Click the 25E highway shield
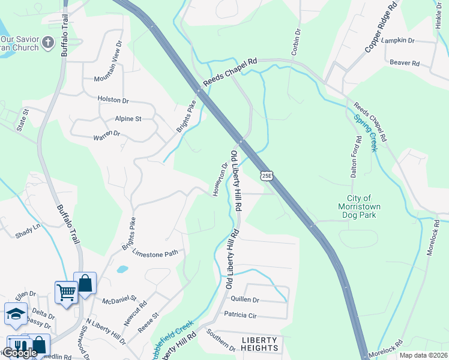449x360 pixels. [267, 175]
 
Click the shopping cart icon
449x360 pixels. [66, 292]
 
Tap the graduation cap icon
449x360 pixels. [15, 314]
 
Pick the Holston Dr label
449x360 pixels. [113, 99]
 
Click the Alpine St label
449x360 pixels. [128, 119]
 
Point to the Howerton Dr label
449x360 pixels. [219, 179]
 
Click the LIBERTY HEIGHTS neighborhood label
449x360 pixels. [260, 344]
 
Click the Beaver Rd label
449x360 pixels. [404, 62]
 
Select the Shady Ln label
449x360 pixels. [28, 230]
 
